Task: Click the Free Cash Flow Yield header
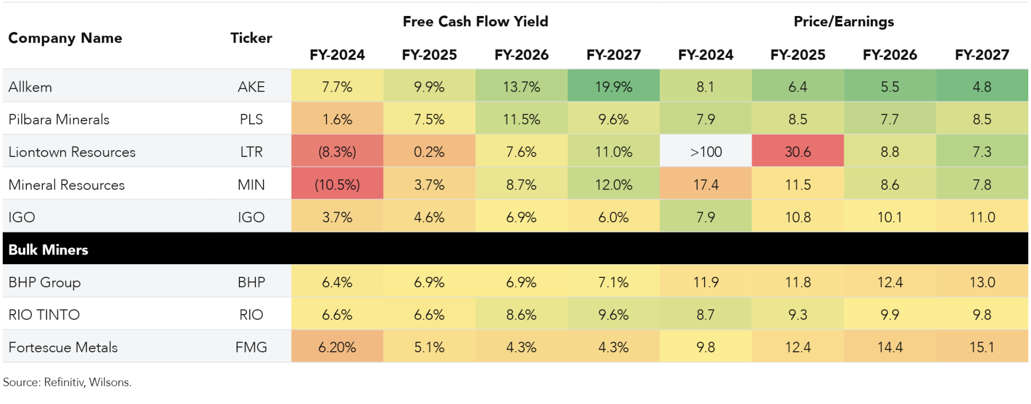click(x=475, y=22)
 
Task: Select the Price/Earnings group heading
click(x=843, y=22)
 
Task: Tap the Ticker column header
click(x=251, y=38)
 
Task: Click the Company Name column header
click(x=65, y=38)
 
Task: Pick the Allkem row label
click(x=30, y=87)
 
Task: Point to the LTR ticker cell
click(x=251, y=152)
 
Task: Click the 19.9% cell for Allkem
click(x=613, y=87)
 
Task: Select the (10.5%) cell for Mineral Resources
click(x=337, y=185)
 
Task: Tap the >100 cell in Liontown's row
click(x=706, y=152)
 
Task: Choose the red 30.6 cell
click(x=797, y=152)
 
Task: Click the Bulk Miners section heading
click(x=49, y=250)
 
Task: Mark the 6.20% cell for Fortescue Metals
click(x=337, y=347)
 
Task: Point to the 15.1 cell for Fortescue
click(x=982, y=347)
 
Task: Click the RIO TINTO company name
click(x=44, y=315)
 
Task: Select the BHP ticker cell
click(x=251, y=283)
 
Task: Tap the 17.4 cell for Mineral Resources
click(x=706, y=185)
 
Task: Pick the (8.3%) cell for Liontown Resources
click(x=337, y=152)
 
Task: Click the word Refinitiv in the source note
click(x=64, y=382)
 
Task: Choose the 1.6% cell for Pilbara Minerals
click(x=337, y=119)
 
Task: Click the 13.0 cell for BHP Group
click(x=982, y=283)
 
